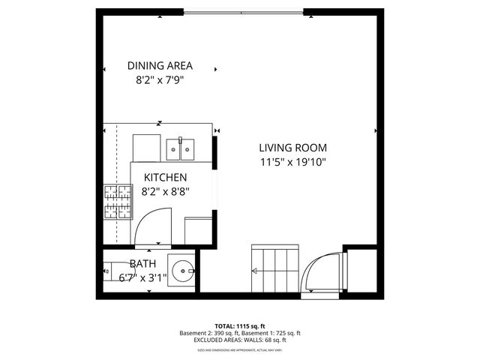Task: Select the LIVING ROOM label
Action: pyautogui.click(x=293, y=148)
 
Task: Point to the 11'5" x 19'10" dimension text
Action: pyautogui.click(x=293, y=161)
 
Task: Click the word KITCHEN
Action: pyautogui.click(x=165, y=177)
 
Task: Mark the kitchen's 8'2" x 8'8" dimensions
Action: pyautogui.click(x=165, y=190)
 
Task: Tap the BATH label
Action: pyautogui.click(x=142, y=263)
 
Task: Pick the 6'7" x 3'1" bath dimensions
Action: pyautogui.click(x=142, y=277)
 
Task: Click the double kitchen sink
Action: pyautogui.click(x=181, y=148)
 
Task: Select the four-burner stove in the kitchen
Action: pyautogui.click(x=117, y=200)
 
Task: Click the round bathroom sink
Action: pyautogui.click(x=182, y=271)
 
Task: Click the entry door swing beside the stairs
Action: pyautogui.click(x=322, y=274)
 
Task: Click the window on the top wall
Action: pyautogui.click(x=244, y=11)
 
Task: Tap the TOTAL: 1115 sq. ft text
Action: pyautogui.click(x=240, y=326)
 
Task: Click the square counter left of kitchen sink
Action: pyautogui.click(x=147, y=148)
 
